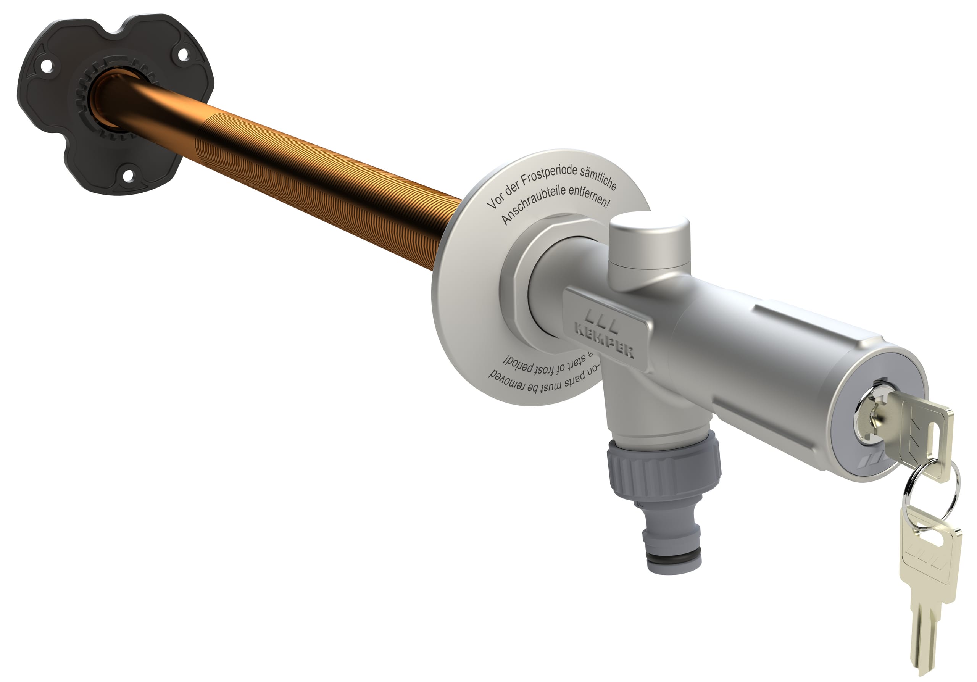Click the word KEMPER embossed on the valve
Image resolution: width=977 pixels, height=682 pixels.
(x=604, y=340)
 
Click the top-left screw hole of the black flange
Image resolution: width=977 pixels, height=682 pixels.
(x=47, y=65)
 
